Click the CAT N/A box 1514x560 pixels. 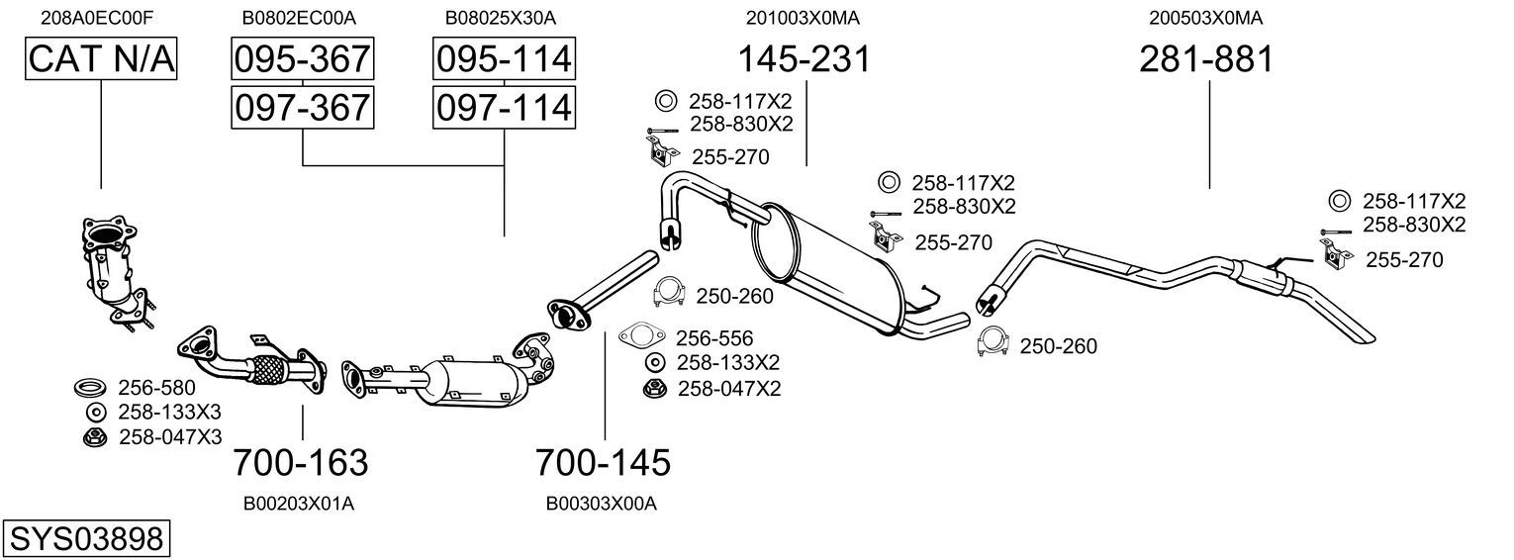[x=101, y=58]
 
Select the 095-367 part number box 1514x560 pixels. [x=302, y=58]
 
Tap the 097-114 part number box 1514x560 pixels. [x=504, y=108]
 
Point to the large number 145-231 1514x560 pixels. [x=804, y=58]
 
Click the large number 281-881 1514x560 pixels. [x=1206, y=58]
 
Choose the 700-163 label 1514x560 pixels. [x=301, y=463]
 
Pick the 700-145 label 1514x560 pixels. [x=603, y=463]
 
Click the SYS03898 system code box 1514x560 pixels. [x=86, y=539]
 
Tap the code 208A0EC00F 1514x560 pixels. [x=97, y=18]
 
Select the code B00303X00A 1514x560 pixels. [x=602, y=504]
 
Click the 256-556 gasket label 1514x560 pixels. [x=714, y=337]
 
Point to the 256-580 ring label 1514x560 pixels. [x=156, y=388]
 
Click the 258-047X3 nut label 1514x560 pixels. [x=170, y=437]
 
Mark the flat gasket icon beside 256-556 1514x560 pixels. [x=641, y=335]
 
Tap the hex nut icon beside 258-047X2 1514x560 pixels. [x=654, y=389]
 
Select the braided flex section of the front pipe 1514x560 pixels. [x=270, y=371]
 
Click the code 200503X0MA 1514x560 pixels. [x=1206, y=18]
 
